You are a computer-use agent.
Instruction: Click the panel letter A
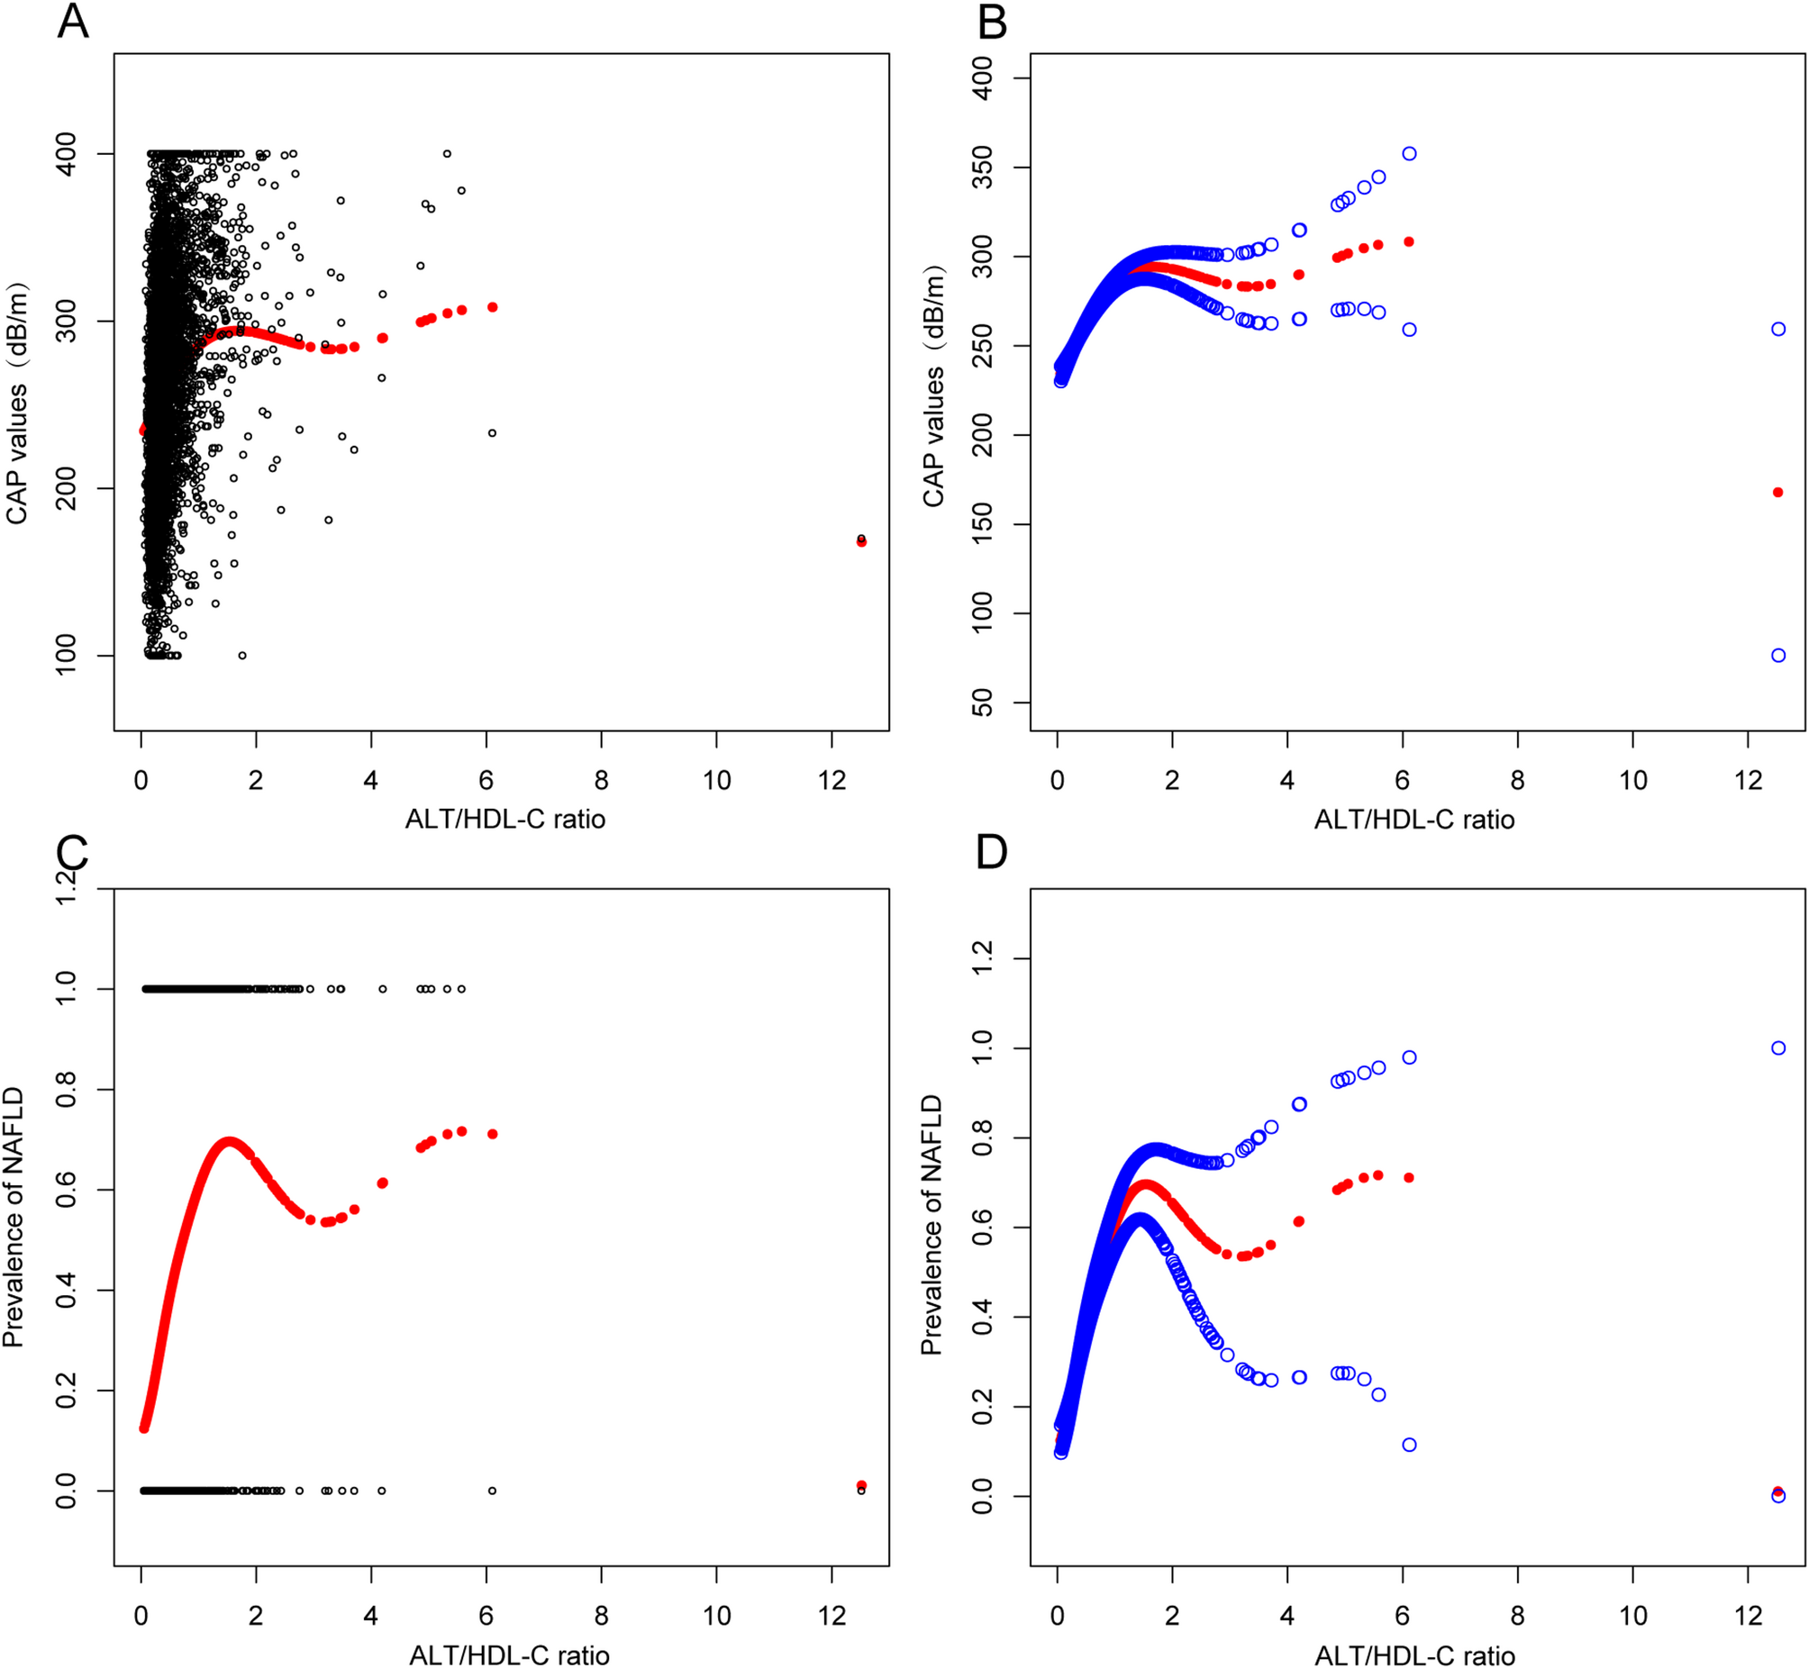(73, 22)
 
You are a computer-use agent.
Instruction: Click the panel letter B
(992, 22)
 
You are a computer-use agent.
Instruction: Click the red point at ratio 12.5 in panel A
(861, 541)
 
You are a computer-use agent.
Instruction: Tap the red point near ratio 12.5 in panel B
(1777, 493)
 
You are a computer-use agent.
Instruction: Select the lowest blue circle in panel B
(1777, 656)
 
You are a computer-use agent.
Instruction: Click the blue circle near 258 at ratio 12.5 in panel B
(1777, 330)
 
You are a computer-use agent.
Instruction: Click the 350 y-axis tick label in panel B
(983, 168)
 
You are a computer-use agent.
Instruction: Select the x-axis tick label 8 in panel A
(601, 781)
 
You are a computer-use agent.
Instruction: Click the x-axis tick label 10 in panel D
(1632, 1616)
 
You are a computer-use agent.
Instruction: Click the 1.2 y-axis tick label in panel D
(983, 958)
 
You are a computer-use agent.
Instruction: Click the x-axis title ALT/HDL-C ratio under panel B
(1414, 820)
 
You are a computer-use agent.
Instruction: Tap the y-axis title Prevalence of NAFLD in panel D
(932, 1224)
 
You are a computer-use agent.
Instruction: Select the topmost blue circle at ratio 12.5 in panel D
(1777, 1048)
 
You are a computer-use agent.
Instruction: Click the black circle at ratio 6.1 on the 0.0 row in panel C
(492, 1491)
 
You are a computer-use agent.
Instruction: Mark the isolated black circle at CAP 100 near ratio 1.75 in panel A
(242, 656)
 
